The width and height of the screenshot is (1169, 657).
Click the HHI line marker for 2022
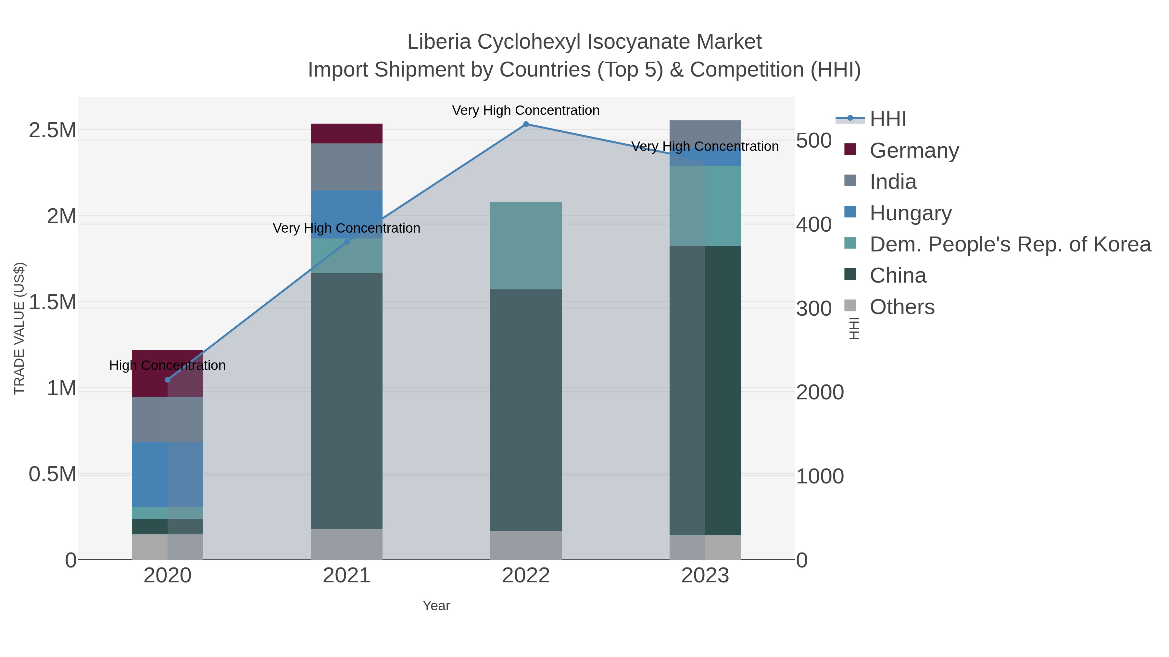(x=526, y=124)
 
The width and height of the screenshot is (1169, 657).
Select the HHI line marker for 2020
(x=168, y=380)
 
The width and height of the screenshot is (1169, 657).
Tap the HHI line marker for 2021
(x=347, y=242)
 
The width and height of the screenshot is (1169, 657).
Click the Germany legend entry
(x=914, y=150)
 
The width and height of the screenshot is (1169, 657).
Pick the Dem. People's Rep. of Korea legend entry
(x=1010, y=244)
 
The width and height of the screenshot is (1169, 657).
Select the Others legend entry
(x=902, y=307)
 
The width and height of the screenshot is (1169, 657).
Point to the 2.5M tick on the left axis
(x=52, y=130)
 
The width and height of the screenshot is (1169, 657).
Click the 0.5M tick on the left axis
(x=52, y=474)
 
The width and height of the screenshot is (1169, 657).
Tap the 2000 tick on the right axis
(x=820, y=392)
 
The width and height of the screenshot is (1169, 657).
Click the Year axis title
(x=436, y=606)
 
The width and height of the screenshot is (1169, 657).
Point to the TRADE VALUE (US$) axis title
(x=19, y=328)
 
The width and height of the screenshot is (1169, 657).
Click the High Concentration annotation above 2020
(x=168, y=365)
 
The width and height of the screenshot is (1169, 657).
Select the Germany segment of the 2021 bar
(x=347, y=133)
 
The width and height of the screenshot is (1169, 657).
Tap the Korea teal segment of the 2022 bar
(x=526, y=245)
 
